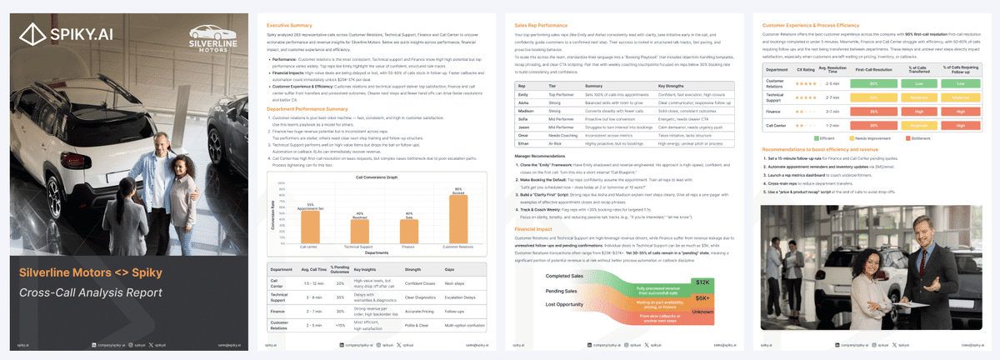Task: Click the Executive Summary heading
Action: [x=289, y=27]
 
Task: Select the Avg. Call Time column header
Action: [x=312, y=270]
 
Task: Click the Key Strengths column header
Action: [x=674, y=85]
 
